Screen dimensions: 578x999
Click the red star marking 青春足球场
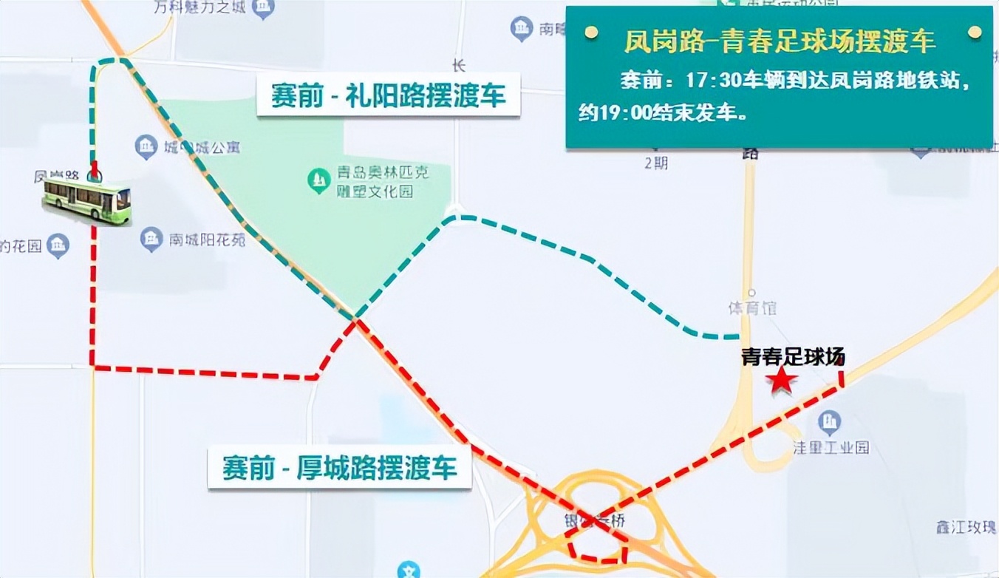tap(781, 381)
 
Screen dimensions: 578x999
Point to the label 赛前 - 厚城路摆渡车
tap(340, 467)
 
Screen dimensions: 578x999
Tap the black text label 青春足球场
tap(793, 358)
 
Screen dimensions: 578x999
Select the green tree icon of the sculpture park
tap(319, 179)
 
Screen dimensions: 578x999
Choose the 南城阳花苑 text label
tap(207, 239)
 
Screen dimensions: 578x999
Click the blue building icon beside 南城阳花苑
tap(151, 239)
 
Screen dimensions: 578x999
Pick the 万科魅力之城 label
tap(199, 8)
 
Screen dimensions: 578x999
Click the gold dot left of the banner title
tap(590, 33)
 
